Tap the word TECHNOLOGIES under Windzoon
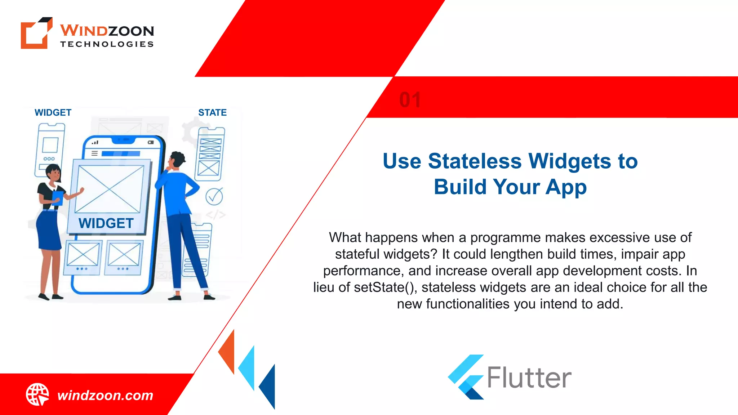point(107,44)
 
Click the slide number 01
point(410,100)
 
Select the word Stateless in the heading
point(475,161)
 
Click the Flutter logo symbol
point(466,377)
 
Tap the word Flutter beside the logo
point(529,378)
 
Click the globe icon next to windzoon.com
point(37,394)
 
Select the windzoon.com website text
point(105,396)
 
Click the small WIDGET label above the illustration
point(53,113)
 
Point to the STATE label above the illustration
point(212,113)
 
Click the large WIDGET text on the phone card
point(106,223)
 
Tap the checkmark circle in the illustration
point(214,196)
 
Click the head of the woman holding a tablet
point(54,173)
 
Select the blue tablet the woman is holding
point(58,198)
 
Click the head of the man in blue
point(177,160)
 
